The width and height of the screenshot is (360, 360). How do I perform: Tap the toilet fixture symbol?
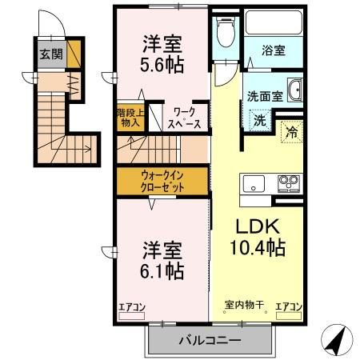[225, 33]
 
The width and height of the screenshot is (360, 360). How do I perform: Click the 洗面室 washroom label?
[265, 94]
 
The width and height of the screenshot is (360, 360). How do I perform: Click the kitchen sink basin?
[253, 183]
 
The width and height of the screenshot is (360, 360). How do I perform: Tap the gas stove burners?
[287, 185]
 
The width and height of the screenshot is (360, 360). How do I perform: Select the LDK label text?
[254, 226]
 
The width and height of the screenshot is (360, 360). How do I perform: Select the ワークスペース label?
[183, 119]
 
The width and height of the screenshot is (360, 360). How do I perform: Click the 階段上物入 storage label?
[130, 118]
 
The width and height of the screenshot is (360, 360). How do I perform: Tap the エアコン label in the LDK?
[288, 306]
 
